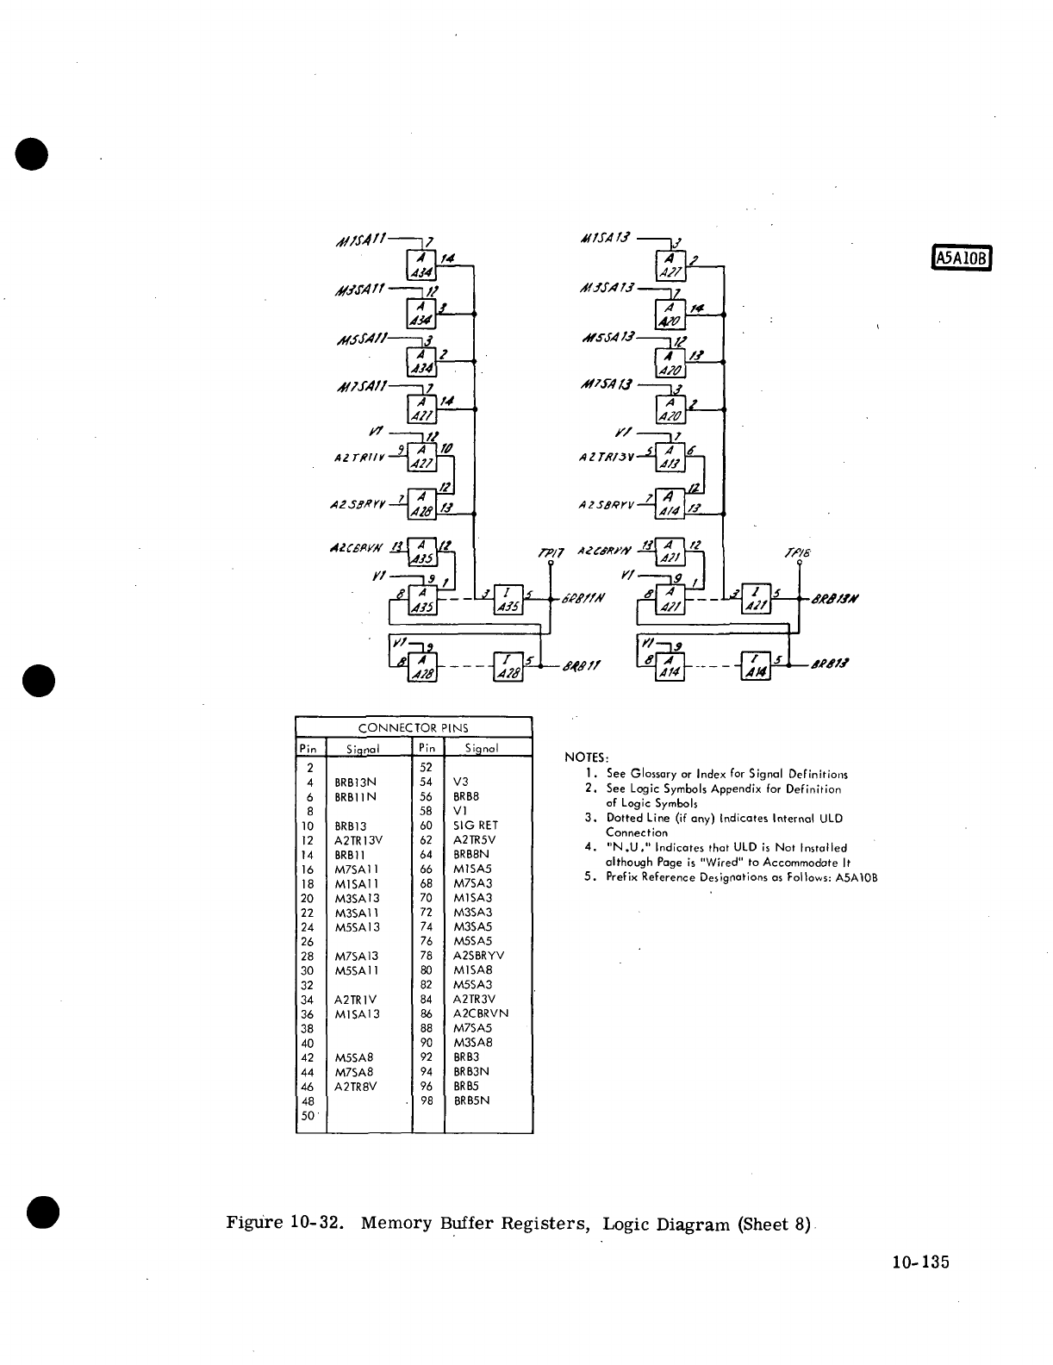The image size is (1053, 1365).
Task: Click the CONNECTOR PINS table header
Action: [x=413, y=728]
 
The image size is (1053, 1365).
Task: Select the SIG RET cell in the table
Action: [x=476, y=826]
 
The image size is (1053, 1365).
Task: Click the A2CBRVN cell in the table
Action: [x=481, y=1013]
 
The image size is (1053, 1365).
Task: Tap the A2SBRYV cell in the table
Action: [x=479, y=956]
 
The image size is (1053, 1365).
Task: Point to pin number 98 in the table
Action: [x=427, y=1100]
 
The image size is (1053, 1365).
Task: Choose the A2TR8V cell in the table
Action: [x=357, y=1087]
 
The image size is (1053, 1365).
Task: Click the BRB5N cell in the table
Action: [x=471, y=1100]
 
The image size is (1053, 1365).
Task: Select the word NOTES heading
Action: [x=586, y=757]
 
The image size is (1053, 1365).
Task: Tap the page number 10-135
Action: [x=919, y=1262]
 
